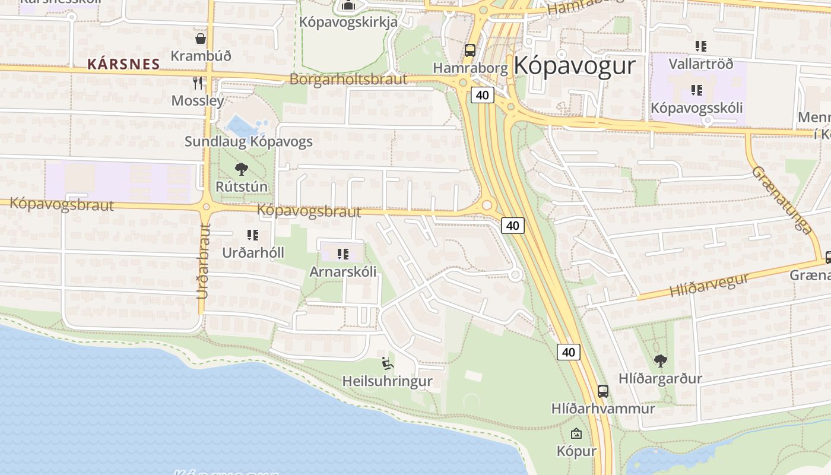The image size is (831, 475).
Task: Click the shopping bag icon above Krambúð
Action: (x=201, y=39)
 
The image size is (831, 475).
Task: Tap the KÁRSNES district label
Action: (x=123, y=64)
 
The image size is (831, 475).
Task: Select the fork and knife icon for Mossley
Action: (x=198, y=83)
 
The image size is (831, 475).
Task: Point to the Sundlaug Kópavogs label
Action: (x=248, y=141)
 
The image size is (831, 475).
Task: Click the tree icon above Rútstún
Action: (x=241, y=169)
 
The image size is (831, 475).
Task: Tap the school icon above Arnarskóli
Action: (x=342, y=254)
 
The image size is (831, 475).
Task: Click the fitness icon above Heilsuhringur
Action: (x=387, y=363)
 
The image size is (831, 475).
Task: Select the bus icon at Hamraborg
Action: (x=470, y=50)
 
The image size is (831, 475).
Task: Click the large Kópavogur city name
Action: (x=575, y=65)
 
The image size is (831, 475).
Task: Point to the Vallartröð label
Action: (x=700, y=64)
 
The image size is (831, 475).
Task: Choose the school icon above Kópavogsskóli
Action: (x=696, y=90)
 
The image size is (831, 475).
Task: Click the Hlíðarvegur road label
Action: (x=709, y=284)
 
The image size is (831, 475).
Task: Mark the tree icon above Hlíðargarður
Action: (x=659, y=360)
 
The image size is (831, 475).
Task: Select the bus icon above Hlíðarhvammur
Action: (x=603, y=391)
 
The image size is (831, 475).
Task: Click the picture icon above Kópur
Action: (x=576, y=433)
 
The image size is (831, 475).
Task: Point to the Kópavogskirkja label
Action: (x=348, y=21)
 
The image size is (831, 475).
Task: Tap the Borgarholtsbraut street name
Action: (x=348, y=79)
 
